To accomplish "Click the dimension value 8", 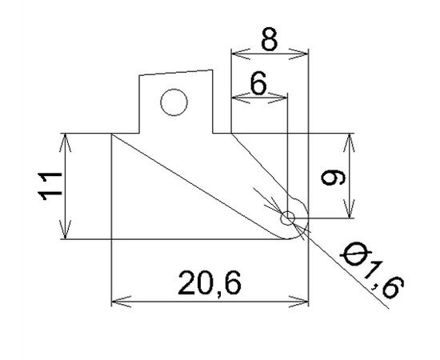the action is [x=270, y=39].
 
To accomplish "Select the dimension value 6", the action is [x=258, y=83].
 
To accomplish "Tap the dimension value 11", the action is [x=50, y=186].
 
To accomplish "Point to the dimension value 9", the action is [x=333, y=178].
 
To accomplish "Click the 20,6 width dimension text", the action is [x=210, y=283].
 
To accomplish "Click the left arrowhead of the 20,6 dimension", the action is [x=122, y=302].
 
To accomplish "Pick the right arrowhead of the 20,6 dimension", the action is [x=299, y=302].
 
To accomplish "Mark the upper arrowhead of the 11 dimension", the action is [x=65, y=143].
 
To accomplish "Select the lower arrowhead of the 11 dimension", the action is [x=65, y=230].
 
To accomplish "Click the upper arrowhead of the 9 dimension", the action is [x=350, y=143].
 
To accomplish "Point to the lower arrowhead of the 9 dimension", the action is [x=350, y=209].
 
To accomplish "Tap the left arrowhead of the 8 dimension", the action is [x=241, y=54].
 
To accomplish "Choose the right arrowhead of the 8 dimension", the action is [x=299, y=54].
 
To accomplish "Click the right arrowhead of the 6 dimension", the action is [x=278, y=98].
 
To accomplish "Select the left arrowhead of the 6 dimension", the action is [x=241, y=98].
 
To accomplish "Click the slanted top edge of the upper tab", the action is [x=176, y=72].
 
